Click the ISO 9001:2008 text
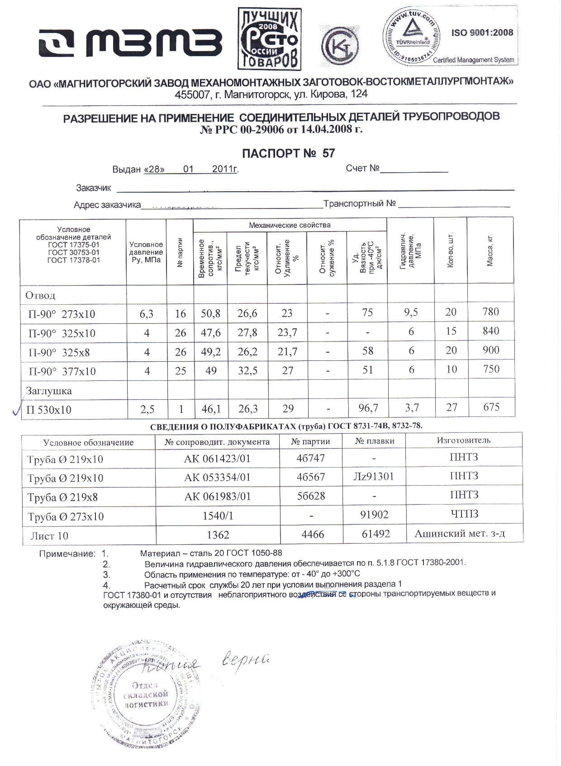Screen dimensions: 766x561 (482, 33)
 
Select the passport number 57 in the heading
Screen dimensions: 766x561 (328, 153)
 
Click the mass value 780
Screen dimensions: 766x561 (490, 312)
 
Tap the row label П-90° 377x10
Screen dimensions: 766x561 (62, 371)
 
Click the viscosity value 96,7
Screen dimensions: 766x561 (368, 408)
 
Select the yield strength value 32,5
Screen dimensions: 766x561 (247, 371)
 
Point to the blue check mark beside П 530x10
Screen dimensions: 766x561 (16, 409)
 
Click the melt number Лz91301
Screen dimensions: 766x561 (373, 477)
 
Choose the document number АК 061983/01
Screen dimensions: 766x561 (217, 496)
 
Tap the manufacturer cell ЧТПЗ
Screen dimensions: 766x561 (464, 514)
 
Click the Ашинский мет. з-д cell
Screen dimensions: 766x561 (460, 534)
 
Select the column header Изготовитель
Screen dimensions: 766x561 (463, 440)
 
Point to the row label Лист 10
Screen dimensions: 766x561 (49, 536)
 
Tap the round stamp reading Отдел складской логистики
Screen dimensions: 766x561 (146, 694)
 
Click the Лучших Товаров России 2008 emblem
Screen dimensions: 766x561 (269, 39)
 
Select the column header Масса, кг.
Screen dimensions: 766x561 (490, 250)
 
